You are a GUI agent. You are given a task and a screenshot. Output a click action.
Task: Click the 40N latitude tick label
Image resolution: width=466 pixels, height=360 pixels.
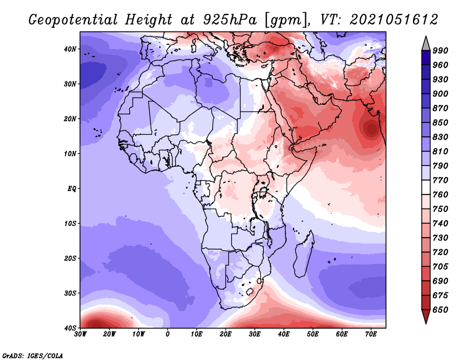(x=70, y=49)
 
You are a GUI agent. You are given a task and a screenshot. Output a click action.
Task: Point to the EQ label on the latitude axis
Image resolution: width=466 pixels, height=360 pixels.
(x=72, y=189)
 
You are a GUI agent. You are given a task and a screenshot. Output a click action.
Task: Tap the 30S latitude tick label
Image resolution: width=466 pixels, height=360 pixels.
(x=70, y=293)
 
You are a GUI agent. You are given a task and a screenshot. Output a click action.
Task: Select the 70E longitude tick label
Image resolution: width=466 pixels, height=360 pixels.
(x=370, y=334)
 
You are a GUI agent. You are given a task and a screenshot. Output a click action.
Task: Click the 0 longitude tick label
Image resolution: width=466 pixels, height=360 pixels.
(x=168, y=334)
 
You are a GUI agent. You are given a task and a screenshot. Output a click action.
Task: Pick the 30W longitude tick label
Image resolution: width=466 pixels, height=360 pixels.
(x=80, y=334)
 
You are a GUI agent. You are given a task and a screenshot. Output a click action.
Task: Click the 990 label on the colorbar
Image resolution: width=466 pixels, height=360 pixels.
(x=440, y=51)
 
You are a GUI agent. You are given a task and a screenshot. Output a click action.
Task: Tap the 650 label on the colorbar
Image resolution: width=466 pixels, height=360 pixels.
(x=440, y=310)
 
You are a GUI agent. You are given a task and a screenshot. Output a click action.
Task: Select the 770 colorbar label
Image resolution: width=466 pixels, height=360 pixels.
(x=440, y=180)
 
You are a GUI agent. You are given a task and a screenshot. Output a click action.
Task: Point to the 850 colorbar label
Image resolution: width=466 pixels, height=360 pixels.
(x=440, y=122)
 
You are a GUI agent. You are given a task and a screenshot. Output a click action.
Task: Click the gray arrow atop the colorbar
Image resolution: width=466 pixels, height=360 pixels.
(x=426, y=44)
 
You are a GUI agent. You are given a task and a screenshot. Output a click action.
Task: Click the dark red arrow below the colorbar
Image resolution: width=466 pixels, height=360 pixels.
(x=426, y=316)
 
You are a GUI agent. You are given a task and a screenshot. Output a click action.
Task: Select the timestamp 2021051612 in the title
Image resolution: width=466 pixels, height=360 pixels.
(x=394, y=20)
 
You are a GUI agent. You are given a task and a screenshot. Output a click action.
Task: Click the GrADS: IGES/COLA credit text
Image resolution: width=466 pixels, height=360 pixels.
(x=33, y=355)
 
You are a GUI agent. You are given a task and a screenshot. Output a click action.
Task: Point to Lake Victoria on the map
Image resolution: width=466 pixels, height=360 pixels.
(x=263, y=192)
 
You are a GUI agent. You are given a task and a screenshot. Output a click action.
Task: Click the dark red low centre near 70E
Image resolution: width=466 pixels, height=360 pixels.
(x=372, y=129)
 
